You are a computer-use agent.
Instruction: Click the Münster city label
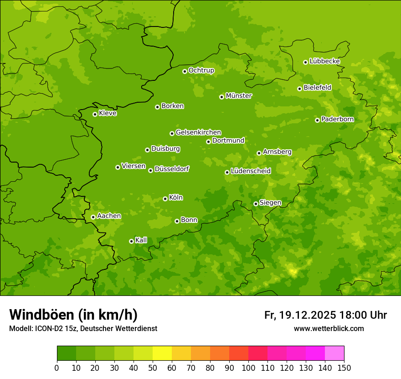pyautogui.click(x=239, y=96)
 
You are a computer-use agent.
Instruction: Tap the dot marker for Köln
pyautogui.click(x=165, y=199)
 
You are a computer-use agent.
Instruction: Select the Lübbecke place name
pyautogui.click(x=324, y=61)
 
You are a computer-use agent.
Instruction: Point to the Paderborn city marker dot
pyautogui.click(x=317, y=120)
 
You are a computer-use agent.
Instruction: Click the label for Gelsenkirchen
pyautogui.click(x=198, y=132)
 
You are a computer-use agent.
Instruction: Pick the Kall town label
pyautogui.click(x=141, y=240)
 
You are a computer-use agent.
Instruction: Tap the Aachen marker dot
pyautogui.click(x=93, y=217)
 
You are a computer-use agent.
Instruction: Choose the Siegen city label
pyautogui.click(x=270, y=203)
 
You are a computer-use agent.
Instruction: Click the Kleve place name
pyautogui.click(x=108, y=113)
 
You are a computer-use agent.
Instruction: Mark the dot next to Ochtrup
pyautogui.click(x=185, y=71)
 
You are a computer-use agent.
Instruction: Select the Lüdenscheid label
pyautogui.click(x=251, y=171)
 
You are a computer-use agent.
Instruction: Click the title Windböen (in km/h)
pyautogui.click(x=73, y=315)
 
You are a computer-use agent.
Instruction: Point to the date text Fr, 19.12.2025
pyautogui.click(x=300, y=315)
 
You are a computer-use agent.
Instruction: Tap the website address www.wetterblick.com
pyautogui.click(x=329, y=328)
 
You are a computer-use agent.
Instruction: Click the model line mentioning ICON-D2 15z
pyautogui.click(x=83, y=328)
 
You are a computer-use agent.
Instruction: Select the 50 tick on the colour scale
pyautogui.click(x=153, y=368)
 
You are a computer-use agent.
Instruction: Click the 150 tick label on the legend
pyautogui.click(x=344, y=368)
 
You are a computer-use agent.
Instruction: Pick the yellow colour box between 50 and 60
pyautogui.click(x=162, y=353)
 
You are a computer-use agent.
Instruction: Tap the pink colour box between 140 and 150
pyautogui.click(x=334, y=353)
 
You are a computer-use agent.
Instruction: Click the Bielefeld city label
pyautogui.click(x=317, y=88)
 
